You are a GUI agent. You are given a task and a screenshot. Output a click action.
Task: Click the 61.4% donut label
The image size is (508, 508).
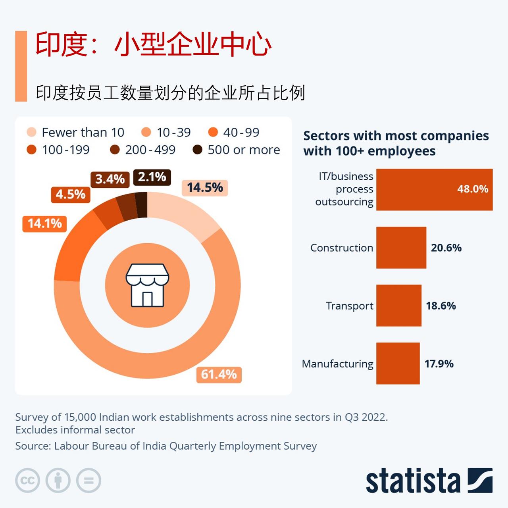click(219, 374)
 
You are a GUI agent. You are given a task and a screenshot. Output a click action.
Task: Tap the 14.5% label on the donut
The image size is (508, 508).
click(205, 187)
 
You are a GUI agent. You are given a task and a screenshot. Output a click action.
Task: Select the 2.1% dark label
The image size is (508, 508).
click(152, 177)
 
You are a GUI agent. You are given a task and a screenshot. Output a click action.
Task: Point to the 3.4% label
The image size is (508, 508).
click(110, 179)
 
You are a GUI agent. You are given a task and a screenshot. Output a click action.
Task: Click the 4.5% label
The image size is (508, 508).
click(70, 194)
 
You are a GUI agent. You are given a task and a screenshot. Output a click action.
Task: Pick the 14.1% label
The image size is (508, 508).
click(44, 223)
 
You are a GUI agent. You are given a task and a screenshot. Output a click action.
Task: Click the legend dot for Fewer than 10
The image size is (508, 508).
click(31, 132)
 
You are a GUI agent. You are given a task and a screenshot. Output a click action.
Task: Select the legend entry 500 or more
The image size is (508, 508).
click(243, 150)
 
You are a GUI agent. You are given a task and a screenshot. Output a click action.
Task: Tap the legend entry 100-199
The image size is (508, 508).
click(65, 150)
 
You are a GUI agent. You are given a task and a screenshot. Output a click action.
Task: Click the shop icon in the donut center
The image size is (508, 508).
click(147, 285)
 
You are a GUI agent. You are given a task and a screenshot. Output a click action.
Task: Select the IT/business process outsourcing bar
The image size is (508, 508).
click(434, 189)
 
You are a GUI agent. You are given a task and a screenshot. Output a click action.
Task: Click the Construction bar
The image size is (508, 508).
click(401, 248)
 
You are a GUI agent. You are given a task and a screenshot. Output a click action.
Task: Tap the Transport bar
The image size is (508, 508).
click(398, 306)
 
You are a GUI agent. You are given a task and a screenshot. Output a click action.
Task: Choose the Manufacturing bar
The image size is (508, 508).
click(398, 364)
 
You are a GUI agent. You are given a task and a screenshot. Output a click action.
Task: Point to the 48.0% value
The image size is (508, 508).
click(472, 189)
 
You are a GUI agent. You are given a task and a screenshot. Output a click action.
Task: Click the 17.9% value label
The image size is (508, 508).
click(439, 364)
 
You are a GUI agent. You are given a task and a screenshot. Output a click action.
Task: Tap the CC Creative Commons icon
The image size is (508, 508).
click(27, 481)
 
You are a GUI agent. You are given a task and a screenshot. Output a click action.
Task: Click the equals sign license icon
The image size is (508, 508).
click(89, 481)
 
